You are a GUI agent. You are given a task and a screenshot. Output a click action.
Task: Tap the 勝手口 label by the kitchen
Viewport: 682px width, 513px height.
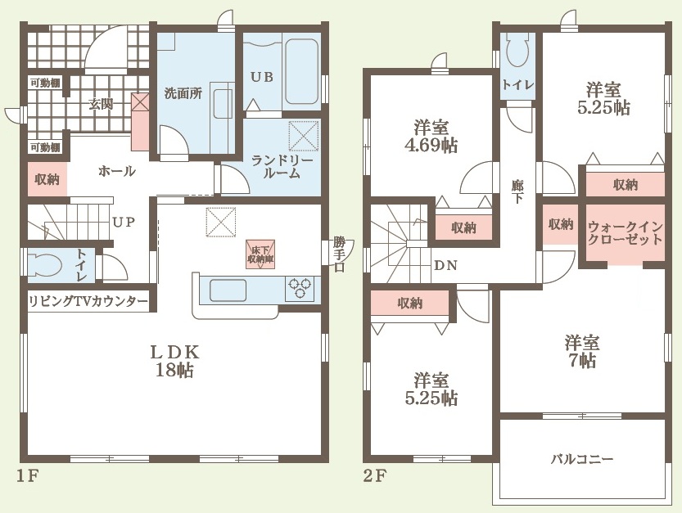[x=339, y=254]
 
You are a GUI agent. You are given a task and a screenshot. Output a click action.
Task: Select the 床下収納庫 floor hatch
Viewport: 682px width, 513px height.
[x=260, y=254]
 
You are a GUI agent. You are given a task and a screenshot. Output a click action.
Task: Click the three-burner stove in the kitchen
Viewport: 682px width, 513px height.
[x=300, y=288]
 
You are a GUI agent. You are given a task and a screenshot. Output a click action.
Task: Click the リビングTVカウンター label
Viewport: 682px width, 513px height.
[x=88, y=301]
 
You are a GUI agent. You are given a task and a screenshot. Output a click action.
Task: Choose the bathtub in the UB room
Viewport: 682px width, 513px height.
[x=301, y=72]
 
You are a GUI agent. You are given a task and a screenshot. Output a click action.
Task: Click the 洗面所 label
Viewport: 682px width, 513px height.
[x=183, y=93]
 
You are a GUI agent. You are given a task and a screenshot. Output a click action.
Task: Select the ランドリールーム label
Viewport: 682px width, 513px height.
[x=282, y=167]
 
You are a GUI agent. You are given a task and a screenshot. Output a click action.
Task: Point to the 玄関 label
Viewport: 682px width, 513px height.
[x=101, y=104]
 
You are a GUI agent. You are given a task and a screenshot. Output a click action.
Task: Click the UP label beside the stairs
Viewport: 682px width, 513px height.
[x=124, y=223]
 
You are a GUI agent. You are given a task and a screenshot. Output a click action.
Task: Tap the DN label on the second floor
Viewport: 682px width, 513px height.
[x=445, y=265]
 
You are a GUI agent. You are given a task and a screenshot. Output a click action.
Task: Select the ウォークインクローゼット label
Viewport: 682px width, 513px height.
[x=625, y=233]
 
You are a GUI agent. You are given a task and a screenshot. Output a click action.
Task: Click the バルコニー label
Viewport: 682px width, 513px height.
[x=582, y=459]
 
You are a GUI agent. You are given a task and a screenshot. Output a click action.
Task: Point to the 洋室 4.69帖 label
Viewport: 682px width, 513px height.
[x=431, y=137]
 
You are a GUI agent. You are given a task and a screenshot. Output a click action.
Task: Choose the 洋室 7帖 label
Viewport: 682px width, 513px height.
[x=582, y=352]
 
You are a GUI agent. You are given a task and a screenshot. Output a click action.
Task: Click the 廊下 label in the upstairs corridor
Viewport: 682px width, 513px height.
[x=517, y=191]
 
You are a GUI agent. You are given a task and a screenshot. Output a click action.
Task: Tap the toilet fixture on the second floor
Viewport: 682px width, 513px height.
[x=517, y=51]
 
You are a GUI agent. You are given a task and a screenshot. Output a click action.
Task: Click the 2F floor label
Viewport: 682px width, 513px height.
[x=374, y=476]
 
